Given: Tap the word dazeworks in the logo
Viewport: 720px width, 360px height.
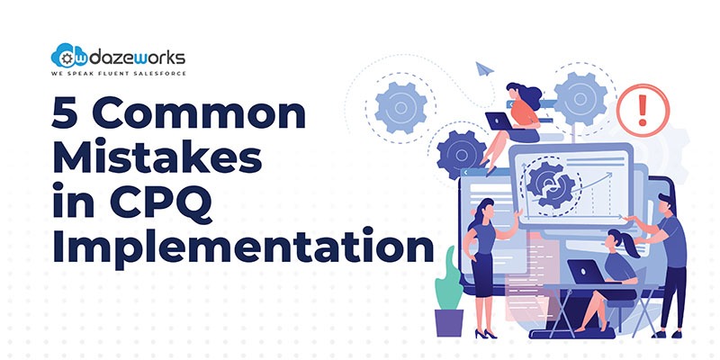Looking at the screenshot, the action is (x=137, y=58).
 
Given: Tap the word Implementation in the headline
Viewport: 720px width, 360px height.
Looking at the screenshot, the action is (x=243, y=248).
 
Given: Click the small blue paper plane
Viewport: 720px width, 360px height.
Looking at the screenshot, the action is (x=484, y=69).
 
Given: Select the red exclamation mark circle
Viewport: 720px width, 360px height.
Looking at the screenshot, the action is (x=643, y=110).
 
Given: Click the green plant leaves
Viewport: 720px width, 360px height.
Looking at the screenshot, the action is (x=448, y=280).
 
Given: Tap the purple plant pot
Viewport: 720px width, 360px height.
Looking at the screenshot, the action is (x=448, y=323).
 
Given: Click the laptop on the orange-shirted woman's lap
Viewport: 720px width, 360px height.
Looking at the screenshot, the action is (x=499, y=121).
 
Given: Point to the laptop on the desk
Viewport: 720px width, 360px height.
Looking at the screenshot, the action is (x=587, y=272).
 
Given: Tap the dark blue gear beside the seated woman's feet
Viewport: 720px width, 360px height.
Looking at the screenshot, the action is (x=462, y=155).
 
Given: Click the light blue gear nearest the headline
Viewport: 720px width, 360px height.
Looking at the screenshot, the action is (x=400, y=108).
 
